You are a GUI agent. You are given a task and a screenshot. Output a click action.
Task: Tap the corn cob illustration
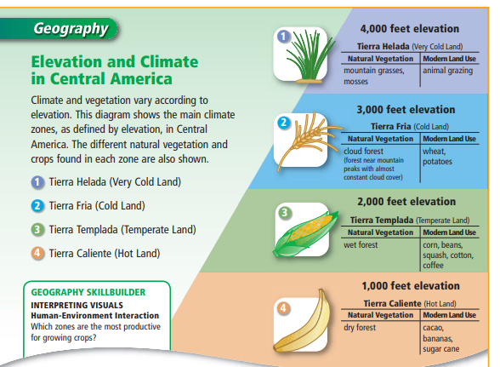click(x=305, y=233)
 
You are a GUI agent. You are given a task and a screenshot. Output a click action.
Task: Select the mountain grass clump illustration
click(x=309, y=56)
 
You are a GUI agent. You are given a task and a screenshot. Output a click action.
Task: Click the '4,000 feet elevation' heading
click(x=410, y=29)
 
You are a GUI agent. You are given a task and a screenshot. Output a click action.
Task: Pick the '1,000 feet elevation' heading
click(x=411, y=286)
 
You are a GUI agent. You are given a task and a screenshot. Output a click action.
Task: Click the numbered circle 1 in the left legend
click(x=37, y=182)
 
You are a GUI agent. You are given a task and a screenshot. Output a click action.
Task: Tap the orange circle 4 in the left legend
click(x=37, y=253)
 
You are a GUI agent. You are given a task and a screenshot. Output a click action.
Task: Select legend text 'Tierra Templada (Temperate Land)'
click(x=122, y=230)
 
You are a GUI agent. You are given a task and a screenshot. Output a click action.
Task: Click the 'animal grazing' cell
click(x=447, y=71)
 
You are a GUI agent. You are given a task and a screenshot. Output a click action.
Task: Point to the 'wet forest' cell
click(x=361, y=245)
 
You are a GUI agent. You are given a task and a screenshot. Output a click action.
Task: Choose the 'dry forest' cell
click(x=360, y=328)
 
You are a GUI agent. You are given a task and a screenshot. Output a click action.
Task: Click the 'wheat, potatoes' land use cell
click(x=437, y=156)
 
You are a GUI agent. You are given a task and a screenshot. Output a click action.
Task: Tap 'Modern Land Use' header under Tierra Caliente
click(x=449, y=315)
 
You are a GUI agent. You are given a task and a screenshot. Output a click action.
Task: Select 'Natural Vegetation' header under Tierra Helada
click(x=380, y=59)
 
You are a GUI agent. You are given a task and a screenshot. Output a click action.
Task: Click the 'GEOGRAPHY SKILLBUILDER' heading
click(x=88, y=292)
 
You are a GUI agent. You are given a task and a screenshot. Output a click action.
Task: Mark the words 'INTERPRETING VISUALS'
click(x=77, y=306)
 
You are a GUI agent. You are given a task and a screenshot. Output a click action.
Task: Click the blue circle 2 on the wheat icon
click(x=284, y=123)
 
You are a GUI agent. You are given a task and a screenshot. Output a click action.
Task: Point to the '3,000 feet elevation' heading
click(x=406, y=110)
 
